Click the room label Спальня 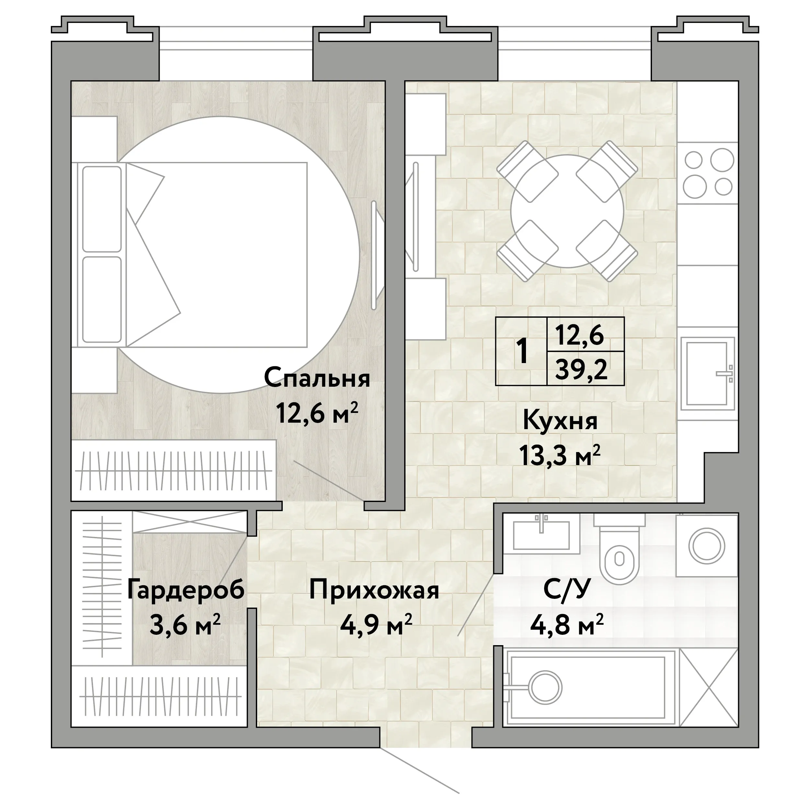[317, 378]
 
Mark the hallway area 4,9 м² [376, 625]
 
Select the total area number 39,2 [581, 369]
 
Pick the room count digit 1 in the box [522, 351]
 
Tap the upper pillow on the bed [102, 208]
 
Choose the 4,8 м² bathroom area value [566, 625]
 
